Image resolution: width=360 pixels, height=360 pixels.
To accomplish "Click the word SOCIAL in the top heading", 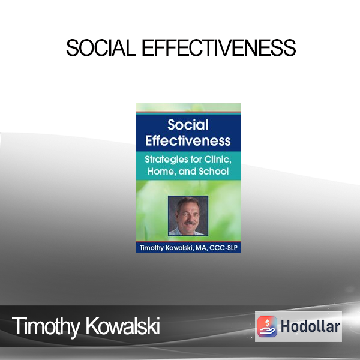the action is pyautogui.click(x=101, y=48).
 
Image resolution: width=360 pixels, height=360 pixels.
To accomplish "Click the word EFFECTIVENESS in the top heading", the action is pyautogui.click(x=219, y=48).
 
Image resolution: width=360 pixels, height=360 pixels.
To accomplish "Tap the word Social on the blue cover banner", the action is pyautogui.click(x=188, y=125).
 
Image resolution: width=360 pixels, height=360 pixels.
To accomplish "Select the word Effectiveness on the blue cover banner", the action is pyautogui.click(x=188, y=140).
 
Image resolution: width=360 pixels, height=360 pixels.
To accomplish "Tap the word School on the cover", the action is pyautogui.click(x=214, y=171).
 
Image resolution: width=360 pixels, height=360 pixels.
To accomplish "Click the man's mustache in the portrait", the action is pyautogui.click(x=190, y=223).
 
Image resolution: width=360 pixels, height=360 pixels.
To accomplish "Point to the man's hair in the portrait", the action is pyautogui.click(x=187, y=203).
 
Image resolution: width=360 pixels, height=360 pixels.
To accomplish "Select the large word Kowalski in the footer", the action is pyautogui.click(x=122, y=326).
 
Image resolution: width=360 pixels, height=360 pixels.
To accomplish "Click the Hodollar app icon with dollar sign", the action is pyautogui.click(x=267, y=326).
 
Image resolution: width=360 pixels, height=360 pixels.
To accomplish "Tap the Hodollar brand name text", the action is pyautogui.click(x=310, y=326).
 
